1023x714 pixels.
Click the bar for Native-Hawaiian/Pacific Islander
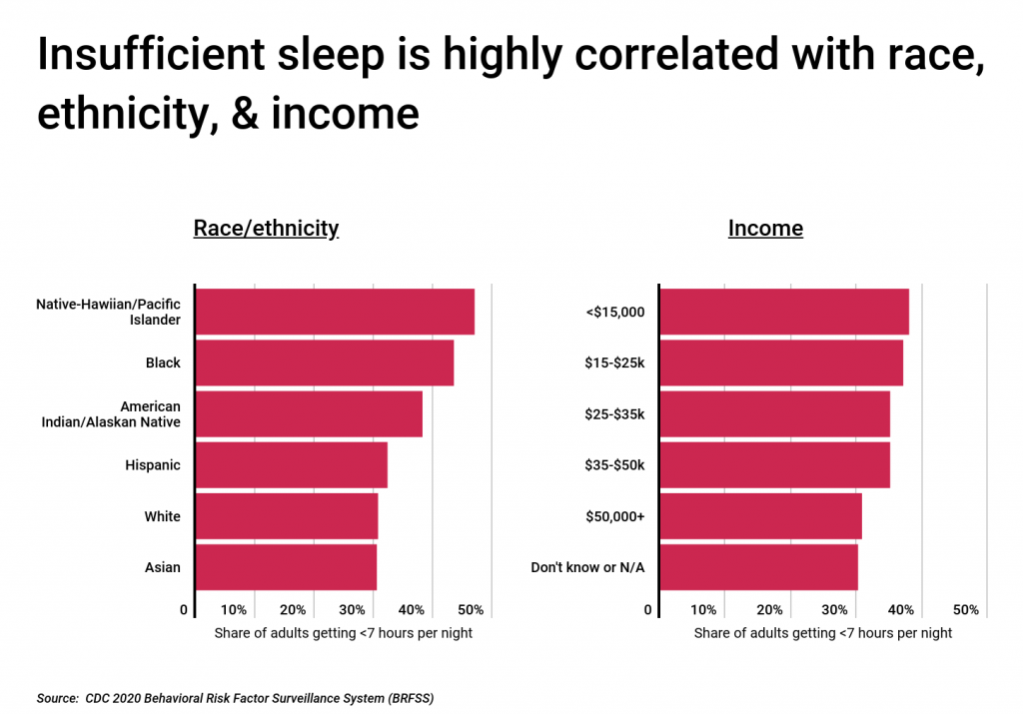point(335,312)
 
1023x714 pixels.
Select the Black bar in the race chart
point(325,362)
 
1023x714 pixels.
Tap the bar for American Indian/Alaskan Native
point(309,413)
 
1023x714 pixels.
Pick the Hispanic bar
point(291,465)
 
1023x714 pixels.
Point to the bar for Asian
point(286,567)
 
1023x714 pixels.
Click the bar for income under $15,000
point(784,312)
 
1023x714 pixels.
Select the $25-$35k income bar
point(775,413)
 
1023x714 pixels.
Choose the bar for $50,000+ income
point(761,516)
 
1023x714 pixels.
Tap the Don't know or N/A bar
point(759,567)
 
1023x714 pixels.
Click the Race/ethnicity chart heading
point(266,229)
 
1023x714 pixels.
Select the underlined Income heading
point(765,229)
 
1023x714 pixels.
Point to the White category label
point(162,516)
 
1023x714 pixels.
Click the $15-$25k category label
point(614,362)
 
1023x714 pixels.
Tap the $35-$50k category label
point(614,465)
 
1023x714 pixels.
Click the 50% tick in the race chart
point(472,610)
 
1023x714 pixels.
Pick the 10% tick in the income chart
point(703,610)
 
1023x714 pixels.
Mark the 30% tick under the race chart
point(353,610)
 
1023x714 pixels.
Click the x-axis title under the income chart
point(823,633)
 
